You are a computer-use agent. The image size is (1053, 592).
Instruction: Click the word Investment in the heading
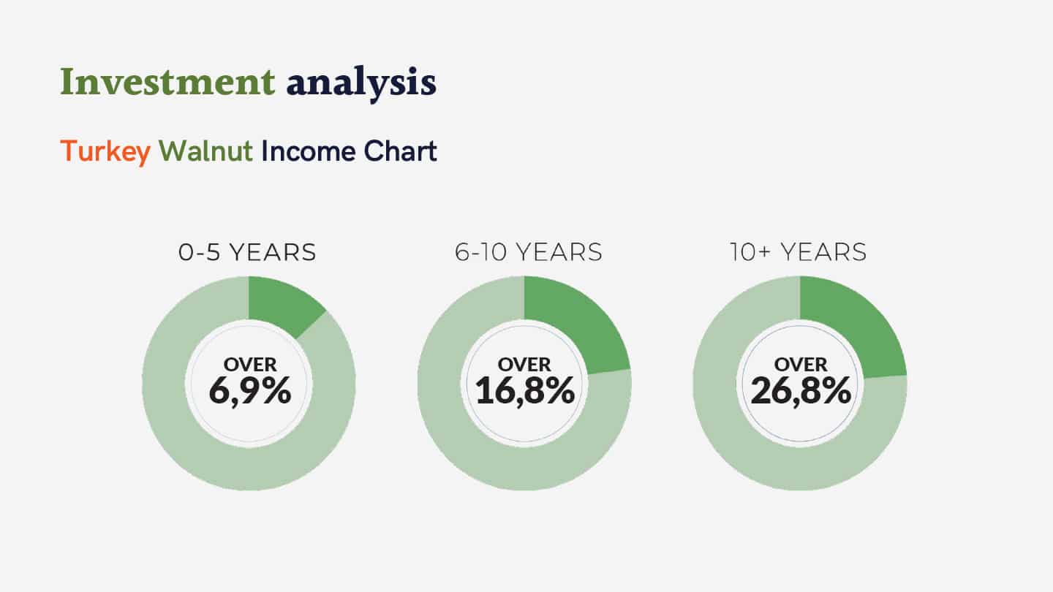point(167,82)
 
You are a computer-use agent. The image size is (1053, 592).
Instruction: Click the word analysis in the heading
point(361,83)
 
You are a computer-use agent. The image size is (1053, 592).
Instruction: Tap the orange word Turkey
point(105,152)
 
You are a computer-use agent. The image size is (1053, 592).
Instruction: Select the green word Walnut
point(205,151)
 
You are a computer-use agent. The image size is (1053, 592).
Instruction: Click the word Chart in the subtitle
point(400,151)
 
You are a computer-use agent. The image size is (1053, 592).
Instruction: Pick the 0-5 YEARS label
point(247,252)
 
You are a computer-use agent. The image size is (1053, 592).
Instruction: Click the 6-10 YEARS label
point(529,252)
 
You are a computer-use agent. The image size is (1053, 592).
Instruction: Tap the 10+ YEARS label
point(799,252)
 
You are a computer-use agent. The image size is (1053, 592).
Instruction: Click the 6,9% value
point(249,391)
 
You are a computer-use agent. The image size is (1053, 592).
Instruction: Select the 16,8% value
point(524,391)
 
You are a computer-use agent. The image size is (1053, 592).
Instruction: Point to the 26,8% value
point(801,391)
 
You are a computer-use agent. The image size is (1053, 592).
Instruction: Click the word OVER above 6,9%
point(250,365)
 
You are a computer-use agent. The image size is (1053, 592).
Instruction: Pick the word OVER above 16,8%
point(524,365)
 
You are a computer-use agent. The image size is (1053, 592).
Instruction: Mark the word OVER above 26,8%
point(801,365)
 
